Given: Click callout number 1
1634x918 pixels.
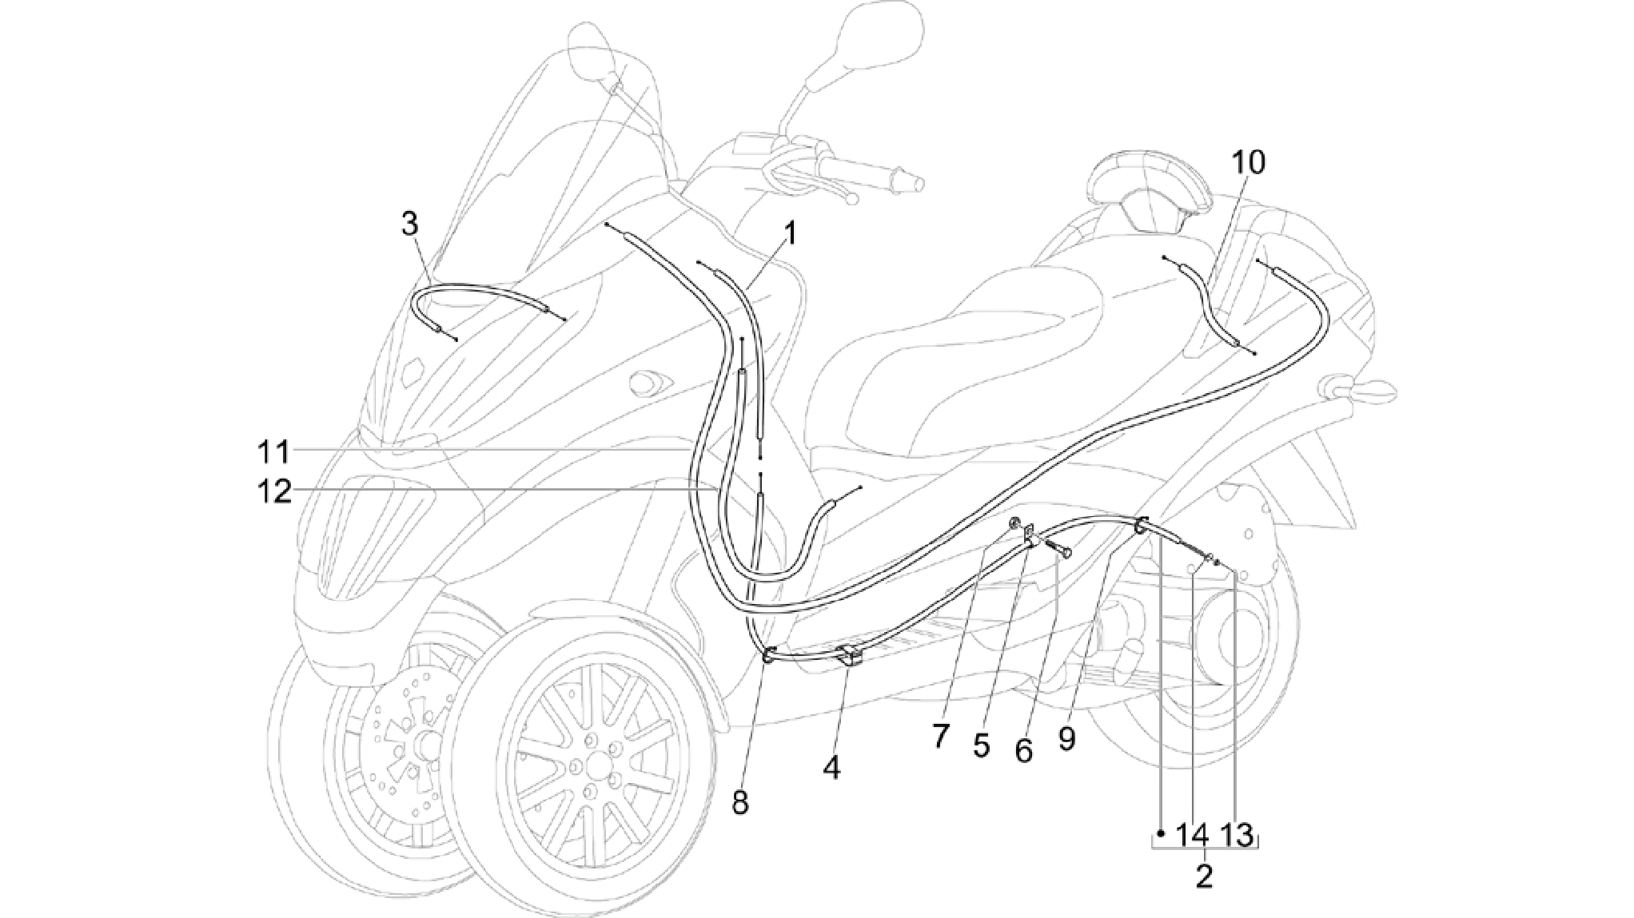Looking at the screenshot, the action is (789, 234).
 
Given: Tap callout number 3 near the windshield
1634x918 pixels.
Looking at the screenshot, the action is (409, 225).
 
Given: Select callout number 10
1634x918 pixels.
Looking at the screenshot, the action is (1248, 163).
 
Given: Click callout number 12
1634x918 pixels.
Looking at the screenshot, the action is (273, 491).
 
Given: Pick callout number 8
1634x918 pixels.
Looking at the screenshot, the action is (740, 802).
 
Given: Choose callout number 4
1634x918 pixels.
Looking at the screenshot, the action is (831, 769).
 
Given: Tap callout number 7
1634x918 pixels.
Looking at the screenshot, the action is (940, 736).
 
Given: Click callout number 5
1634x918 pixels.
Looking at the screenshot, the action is (982, 745).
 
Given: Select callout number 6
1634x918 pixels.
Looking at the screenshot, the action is (1023, 750).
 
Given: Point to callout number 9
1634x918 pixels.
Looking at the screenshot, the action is (1066, 739).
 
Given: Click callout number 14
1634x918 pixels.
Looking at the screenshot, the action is (1194, 836).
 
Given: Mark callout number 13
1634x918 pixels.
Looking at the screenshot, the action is (1237, 836).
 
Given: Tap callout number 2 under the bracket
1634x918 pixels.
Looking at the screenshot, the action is (1205, 876).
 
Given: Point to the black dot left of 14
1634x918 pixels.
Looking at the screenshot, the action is (1161, 833).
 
